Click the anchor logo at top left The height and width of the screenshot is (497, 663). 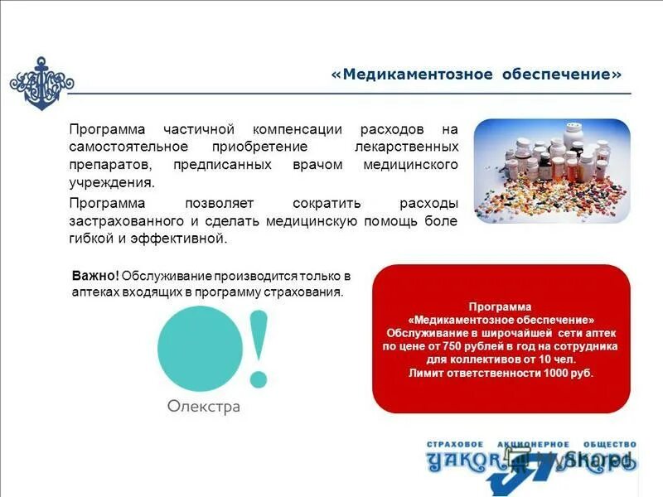tap(41, 83)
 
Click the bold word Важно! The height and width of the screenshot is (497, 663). tap(95, 275)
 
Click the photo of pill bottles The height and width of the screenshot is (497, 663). tap(552, 171)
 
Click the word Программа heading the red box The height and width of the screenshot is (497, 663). tap(501, 306)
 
